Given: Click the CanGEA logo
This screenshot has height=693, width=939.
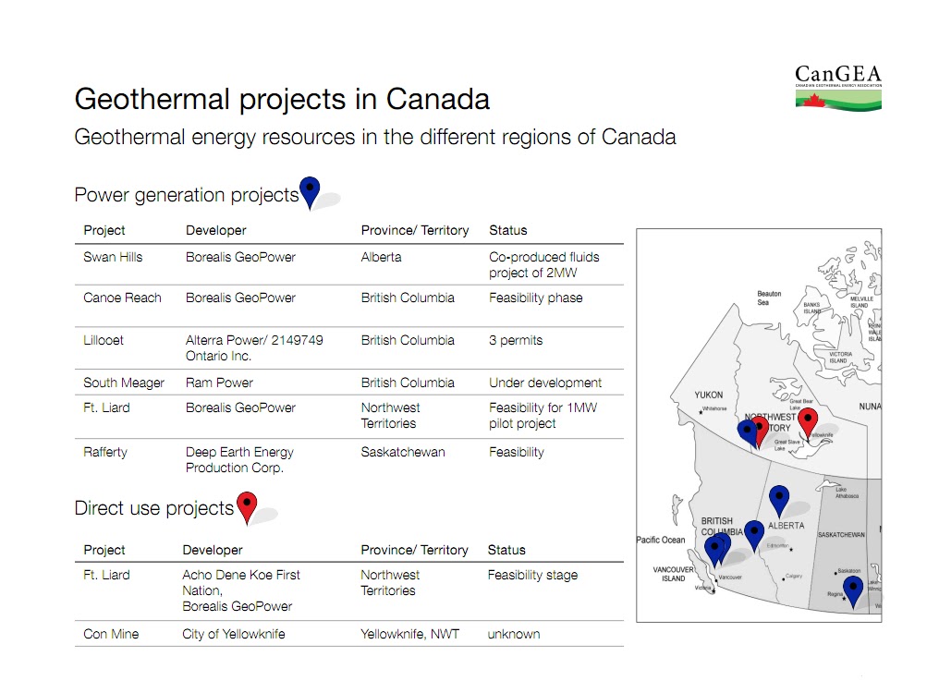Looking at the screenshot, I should coord(837,88).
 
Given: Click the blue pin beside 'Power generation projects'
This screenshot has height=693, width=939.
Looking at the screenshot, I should coord(310,191).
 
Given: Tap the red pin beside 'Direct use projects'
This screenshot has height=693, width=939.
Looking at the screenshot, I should coord(247,506).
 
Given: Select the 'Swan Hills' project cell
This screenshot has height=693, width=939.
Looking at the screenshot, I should coord(113,257).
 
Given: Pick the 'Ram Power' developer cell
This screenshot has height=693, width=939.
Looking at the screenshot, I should coord(219,383).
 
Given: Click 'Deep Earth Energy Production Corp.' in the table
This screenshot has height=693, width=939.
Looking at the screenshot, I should coord(239,459).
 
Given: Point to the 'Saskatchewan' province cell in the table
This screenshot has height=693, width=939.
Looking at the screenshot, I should coord(402,452).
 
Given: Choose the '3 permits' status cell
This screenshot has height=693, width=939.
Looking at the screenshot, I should coord(516,340).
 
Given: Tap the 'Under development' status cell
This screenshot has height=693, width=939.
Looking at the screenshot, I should coord(544,383).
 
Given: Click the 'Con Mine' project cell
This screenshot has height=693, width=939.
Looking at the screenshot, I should coord(111,634).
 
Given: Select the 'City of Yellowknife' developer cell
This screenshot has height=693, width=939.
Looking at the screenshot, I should coord(234,634).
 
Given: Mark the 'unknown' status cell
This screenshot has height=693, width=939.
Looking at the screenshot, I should coord(513,634).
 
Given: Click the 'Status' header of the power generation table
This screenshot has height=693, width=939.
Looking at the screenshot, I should coord(507,230).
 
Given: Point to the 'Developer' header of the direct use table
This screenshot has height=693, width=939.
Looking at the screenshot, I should coord(213,550).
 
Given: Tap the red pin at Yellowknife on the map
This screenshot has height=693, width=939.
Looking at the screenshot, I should coord(808,420).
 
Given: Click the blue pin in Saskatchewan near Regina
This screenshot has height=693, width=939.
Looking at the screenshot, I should coord(852,589).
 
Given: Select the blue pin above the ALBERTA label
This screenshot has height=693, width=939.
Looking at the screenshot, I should coord(779,499).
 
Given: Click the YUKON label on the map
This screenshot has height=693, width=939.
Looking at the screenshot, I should coord(709,395).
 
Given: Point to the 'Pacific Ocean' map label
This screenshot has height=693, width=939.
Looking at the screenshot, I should coord(661,540).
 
